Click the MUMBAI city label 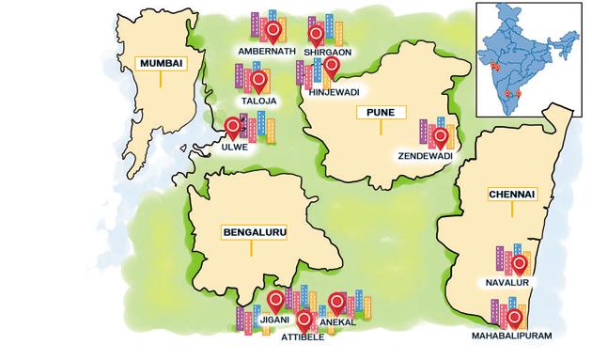(x=161, y=64)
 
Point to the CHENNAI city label (x=511, y=195)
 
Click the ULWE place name (x=234, y=148)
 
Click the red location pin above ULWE (x=231, y=125)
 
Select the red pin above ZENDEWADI (x=440, y=136)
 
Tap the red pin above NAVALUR (x=518, y=254)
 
